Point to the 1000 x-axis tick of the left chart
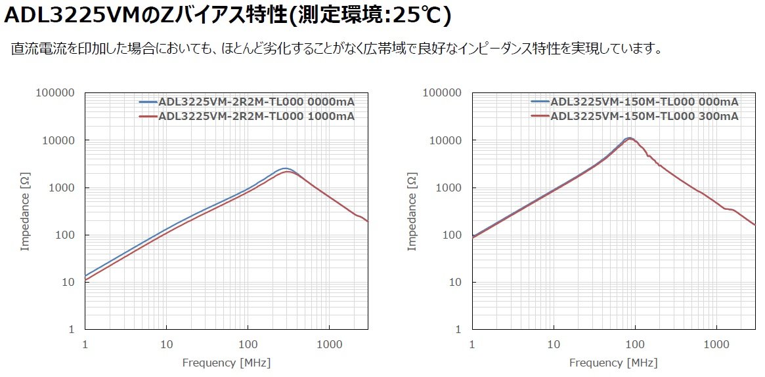[x=329, y=344]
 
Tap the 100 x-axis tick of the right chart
[x=634, y=344]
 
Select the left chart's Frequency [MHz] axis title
[x=226, y=363]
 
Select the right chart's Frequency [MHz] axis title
[x=613, y=363]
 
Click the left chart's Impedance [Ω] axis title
[x=25, y=212]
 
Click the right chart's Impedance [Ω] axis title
[x=412, y=212]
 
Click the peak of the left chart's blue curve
[x=284, y=169]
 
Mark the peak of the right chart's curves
[x=629, y=138]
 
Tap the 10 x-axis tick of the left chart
[x=166, y=344]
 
